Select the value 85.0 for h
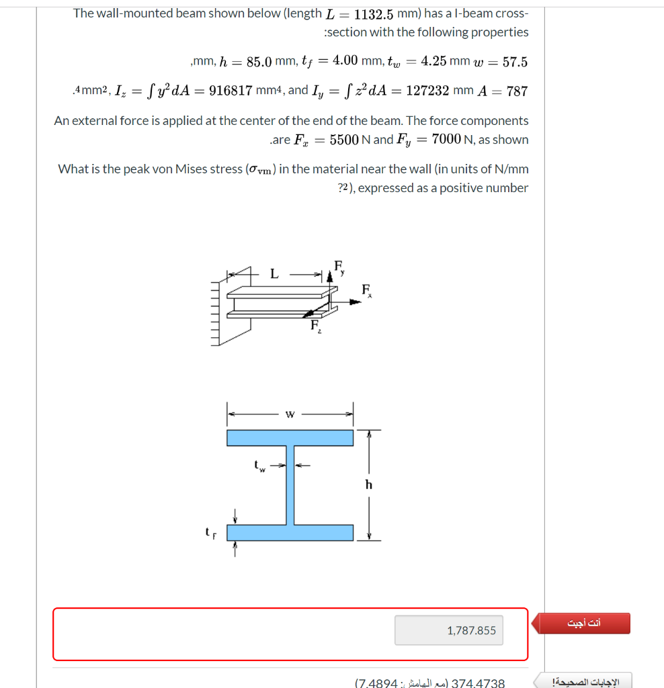pos(259,62)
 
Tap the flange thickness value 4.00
pos(345,61)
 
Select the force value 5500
pos(345,140)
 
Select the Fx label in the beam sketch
pos(367,290)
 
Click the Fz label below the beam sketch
pos(315,327)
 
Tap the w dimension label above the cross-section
pos(290,414)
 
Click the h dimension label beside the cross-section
pos(368,484)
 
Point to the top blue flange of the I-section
pos(290,437)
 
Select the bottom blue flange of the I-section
pos(290,532)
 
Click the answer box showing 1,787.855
pos(448,630)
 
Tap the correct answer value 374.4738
pos(478,683)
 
